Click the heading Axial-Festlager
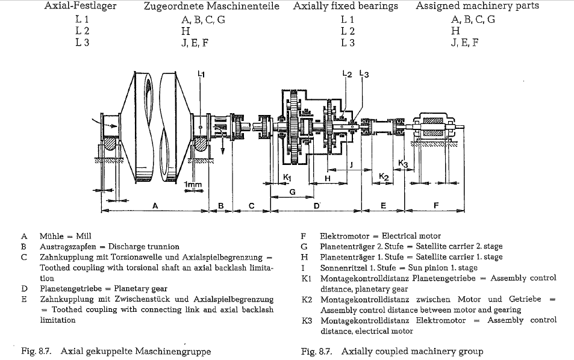click(81, 6)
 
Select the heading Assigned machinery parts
click(477, 6)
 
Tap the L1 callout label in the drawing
click(201, 74)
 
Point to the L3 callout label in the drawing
click(364, 74)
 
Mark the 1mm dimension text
click(193, 183)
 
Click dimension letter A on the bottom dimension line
click(155, 206)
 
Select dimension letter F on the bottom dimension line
click(436, 206)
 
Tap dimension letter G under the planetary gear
click(292, 192)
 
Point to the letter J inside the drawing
click(351, 164)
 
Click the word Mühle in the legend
click(51, 236)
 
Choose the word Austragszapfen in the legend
click(67, 247)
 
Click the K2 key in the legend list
click(307, 299)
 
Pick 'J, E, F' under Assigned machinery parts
click(464, 43)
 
